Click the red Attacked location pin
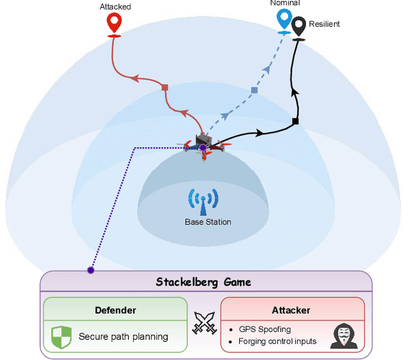[115, 24]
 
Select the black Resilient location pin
[298, 27]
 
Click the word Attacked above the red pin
[115, 6]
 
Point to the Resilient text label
[324, 24]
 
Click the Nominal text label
[284, 3]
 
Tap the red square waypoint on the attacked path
[164, 87]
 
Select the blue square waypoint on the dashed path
[254, 90]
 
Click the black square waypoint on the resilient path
[295, 121]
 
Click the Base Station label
[208, 222]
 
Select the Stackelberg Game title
[204, 282]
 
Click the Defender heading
[115, 310]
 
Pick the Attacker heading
[292, 310]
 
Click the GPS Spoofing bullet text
[265, 329]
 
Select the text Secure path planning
[123, 336]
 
